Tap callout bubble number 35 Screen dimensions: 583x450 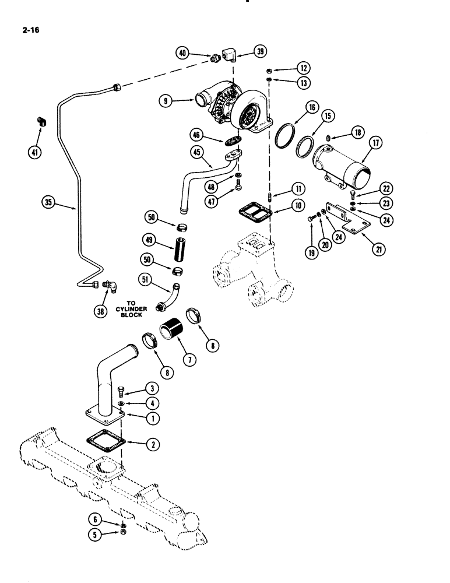click(x=49, y=203)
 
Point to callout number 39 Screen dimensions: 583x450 click(x=260, y=52)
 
